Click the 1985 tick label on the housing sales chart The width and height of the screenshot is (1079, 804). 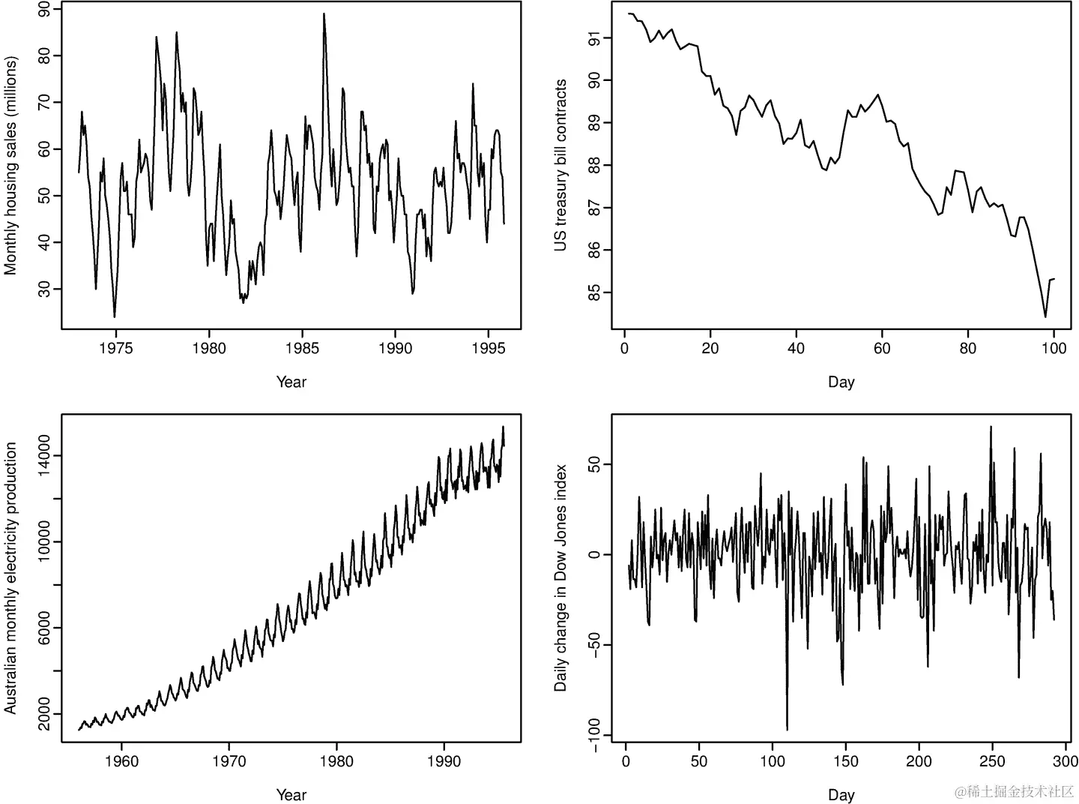pos(302,348)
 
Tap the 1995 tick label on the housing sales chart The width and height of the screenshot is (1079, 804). pos(489,348)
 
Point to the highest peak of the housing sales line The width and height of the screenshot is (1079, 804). pos(324,13)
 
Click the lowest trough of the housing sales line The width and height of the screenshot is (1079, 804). pos(115,316)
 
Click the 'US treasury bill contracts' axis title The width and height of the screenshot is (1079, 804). pos(560,165)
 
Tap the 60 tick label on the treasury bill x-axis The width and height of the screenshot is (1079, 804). pos(882,348)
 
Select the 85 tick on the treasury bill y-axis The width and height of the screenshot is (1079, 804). pos(595,292)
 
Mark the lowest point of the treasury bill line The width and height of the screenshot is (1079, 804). pos(1045,316)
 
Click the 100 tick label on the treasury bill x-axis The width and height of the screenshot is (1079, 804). pos(1054,348)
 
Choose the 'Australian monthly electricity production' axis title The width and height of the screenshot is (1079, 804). pos(10,577)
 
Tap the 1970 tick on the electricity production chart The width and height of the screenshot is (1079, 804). pos(229,761)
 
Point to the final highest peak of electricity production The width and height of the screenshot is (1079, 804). pos(503,427)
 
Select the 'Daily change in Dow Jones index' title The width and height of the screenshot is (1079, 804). pos(560,577)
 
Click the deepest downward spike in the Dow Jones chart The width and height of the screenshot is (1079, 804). pos(787,729)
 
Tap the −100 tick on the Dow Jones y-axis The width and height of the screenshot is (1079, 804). pos(595,735)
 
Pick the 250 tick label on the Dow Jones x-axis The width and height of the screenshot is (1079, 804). pos(992,761)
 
